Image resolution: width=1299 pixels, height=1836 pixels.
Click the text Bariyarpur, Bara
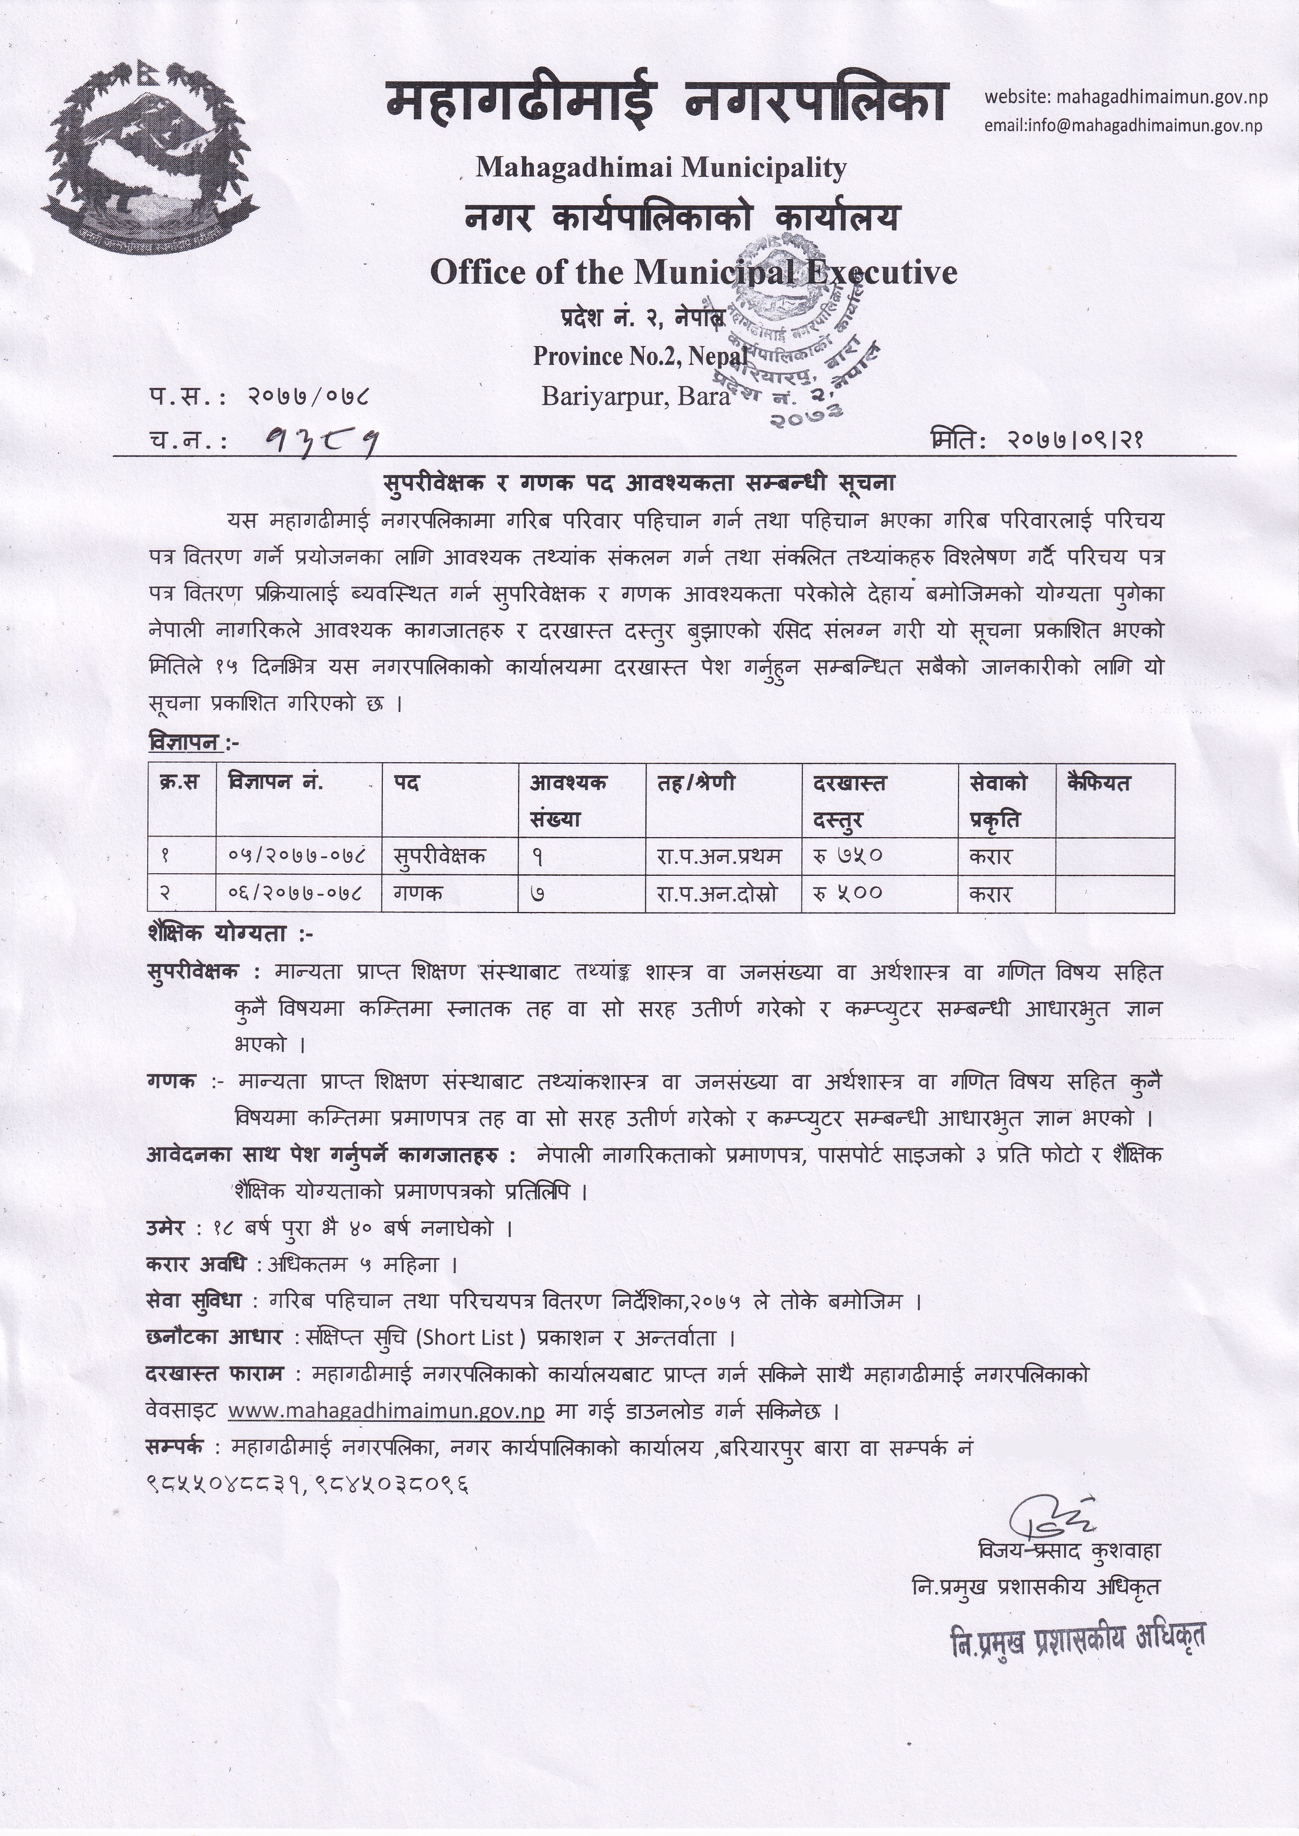(636, 396)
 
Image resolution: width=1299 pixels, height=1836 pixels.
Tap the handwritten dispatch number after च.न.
(320, 439)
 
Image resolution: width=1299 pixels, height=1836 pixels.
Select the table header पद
(407, 783)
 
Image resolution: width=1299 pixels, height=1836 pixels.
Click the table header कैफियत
(1098, 783)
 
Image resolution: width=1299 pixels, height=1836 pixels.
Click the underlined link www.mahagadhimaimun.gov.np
(387, 1410)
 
